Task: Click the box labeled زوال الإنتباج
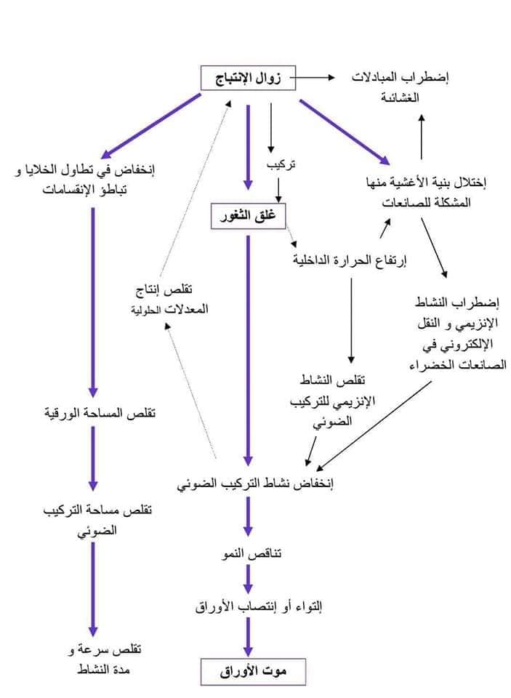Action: coord(248,78)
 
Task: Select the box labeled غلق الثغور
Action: coord(248,217)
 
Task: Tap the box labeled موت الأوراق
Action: coord(253,672)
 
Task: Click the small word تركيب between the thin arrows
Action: coord(281,165)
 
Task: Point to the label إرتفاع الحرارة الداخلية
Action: coord(350,260)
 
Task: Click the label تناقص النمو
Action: coord(252,553)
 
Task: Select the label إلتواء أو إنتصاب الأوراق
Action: coord(259,606)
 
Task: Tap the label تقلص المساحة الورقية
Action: coord(100,413)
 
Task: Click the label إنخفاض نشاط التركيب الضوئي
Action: coord(256,483)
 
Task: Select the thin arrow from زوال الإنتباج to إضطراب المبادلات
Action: coord(313,78)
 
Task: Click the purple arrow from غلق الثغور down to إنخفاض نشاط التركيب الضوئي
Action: coord(248,350)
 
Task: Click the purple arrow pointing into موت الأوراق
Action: coord(248,638)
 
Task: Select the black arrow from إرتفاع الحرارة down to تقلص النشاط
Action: coord(351,321)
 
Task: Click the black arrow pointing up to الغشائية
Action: coord(422,137)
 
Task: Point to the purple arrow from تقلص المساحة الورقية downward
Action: coord(93,459)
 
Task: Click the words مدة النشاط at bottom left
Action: coord(104,670)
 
